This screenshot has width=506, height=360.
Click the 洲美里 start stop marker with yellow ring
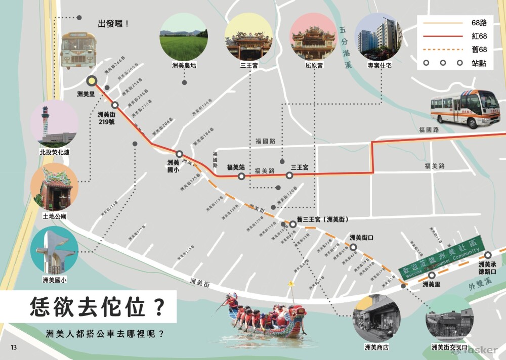click(x=92, y=80)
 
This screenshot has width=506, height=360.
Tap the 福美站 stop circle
click(x=241, y=176)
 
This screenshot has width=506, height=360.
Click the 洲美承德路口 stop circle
click(x=488, y=255)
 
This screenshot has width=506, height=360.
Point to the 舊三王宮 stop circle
click(x=292, y=224)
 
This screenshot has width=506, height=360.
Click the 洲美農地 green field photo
click(x=183, y=37)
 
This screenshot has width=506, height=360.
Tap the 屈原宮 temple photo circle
click(x=313, y=37)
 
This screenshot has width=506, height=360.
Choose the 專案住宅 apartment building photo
click(x=378, y=37)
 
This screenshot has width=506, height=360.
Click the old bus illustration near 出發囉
click(x=78, y=50)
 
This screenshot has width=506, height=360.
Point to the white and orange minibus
click(x=465, y=108)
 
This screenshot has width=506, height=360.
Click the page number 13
click(x=14, y=347)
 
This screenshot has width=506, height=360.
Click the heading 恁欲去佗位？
click(x=97, y=307)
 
